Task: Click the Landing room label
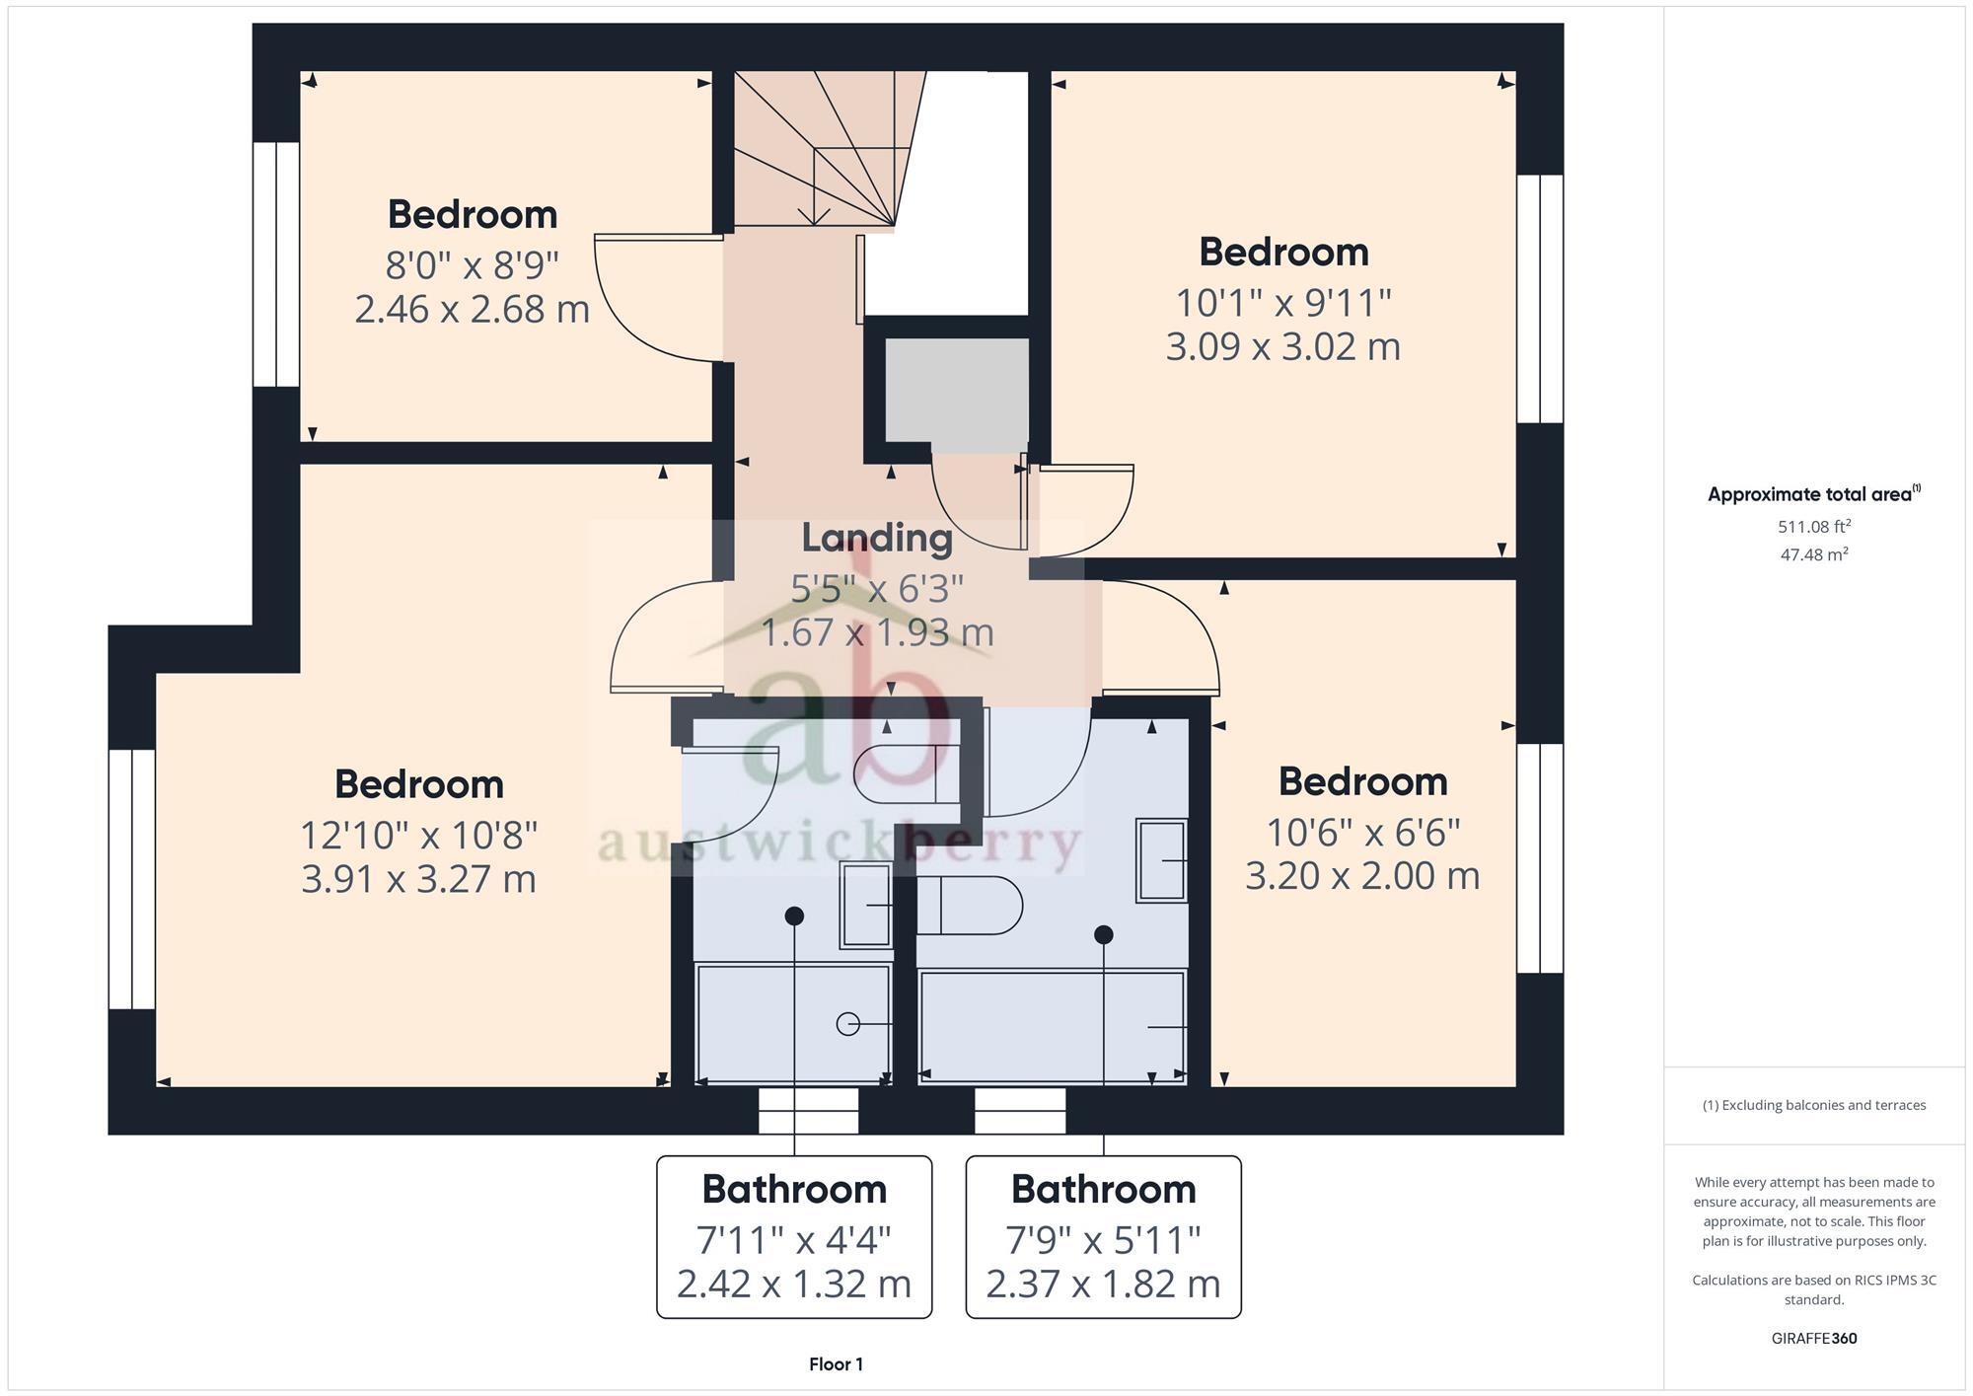click(876, 538)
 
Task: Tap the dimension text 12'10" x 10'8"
click(418, 836)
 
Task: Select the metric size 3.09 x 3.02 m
click(1282, 347)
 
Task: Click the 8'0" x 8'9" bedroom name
click(472, 214)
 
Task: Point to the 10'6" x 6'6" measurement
click(1362, 833)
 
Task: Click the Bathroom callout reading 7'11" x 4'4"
click(794, 1236)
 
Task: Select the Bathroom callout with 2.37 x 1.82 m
click(1103, 1236)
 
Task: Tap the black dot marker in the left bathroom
click(794, 917)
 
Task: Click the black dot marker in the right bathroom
click(1104, 934)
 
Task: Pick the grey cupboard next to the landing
click(956, 390)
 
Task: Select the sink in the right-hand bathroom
click(1161, 860)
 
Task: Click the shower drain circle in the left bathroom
click(847, 1024)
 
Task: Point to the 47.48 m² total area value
click(1813, 554)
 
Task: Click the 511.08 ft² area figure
click(1813, 527)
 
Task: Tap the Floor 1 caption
click(836, 1364)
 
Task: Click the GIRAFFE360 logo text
click(1813, 1339)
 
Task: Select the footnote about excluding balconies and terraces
click(1813, 1105)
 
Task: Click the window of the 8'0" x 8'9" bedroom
click(276, 263)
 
